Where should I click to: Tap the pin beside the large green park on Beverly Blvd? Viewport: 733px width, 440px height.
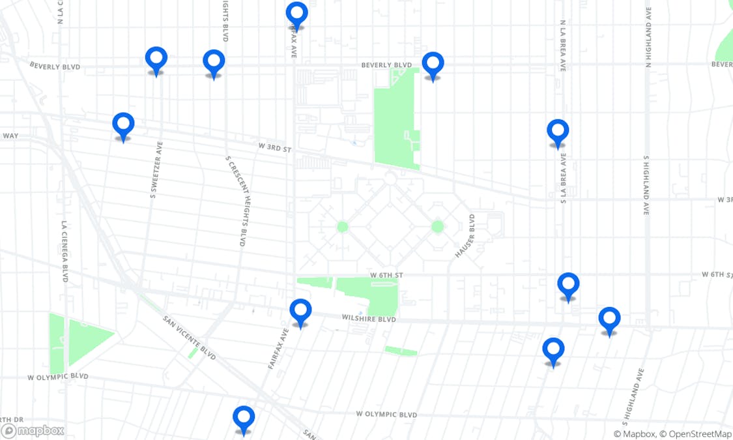(433, 65)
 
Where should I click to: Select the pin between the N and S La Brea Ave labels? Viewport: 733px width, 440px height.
(558, 132)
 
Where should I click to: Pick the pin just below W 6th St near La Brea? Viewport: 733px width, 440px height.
(568, 285)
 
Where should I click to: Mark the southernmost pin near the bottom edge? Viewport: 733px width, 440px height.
(244, 418)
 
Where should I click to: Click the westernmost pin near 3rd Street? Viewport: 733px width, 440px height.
(123, 125)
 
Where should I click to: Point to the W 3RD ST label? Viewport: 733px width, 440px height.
(274, 148)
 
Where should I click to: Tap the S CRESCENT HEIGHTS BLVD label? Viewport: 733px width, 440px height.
(236, 200)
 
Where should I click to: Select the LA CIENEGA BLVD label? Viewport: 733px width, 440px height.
(65, 251)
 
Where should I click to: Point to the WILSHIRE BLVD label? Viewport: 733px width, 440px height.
(369, 319)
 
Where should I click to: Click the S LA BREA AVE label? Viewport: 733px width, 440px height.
(563, 178)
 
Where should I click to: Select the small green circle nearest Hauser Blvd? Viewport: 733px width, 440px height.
(438, 227)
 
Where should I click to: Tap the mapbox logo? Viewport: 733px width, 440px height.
(33, 430)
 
